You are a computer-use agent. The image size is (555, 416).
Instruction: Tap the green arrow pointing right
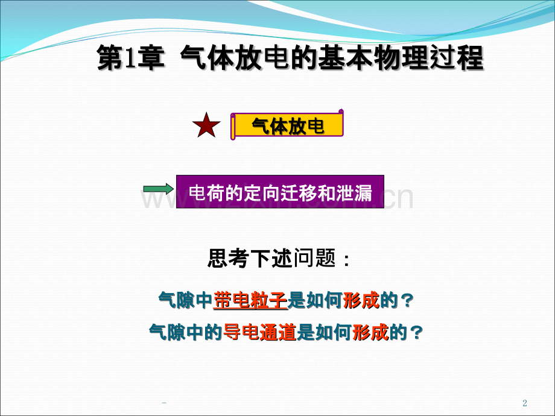tap(157, 190)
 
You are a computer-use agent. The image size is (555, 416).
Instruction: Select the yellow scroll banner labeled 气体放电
tap(287, 125)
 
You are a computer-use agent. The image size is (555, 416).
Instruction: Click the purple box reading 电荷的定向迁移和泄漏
tap(280, 192)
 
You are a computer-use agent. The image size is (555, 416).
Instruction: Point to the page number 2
tap(524, 403)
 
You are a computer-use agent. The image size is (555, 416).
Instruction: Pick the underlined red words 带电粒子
tap(250, 300)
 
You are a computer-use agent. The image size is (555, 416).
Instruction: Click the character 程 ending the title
tap(471, 60)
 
